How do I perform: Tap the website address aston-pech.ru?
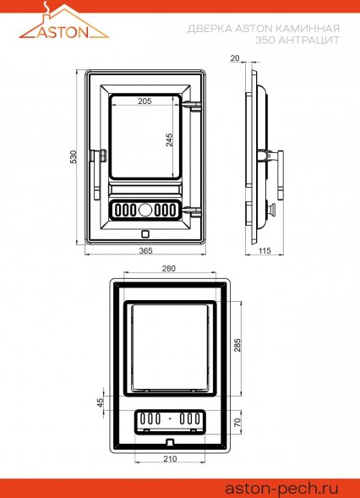282,488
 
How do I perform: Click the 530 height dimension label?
74,157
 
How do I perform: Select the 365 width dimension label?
145,250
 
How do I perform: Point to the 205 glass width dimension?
145,101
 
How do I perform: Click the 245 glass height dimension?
170,140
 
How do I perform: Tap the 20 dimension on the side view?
235,58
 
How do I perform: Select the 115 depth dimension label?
265,251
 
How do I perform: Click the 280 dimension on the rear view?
168,268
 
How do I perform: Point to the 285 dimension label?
237,345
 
